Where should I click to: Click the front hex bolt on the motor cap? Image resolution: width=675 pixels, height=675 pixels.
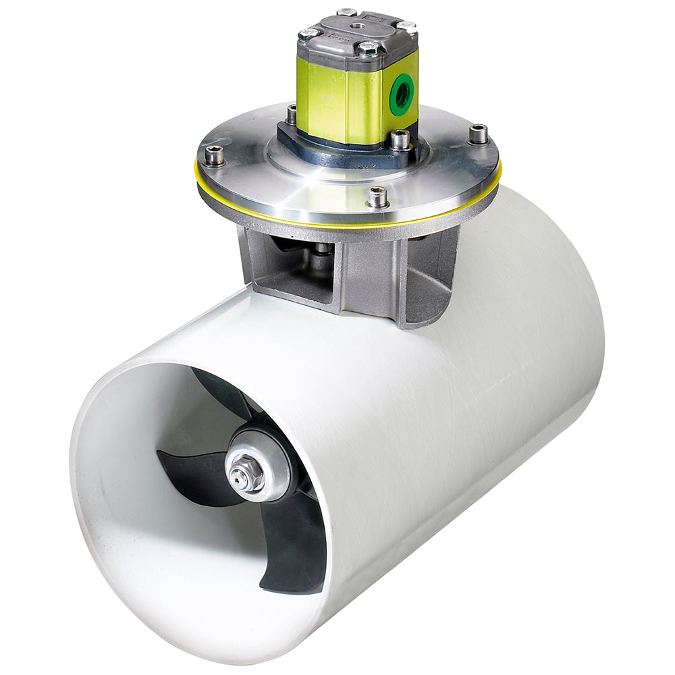(x=369, y=48)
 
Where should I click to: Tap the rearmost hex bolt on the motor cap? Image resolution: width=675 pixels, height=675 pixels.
(x=347, y=12)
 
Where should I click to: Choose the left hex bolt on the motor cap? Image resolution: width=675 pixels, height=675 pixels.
(x=309, y=33)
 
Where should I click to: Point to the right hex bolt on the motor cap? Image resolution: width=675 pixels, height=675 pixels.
(x=406, y=26)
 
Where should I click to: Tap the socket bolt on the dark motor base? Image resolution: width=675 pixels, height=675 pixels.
(x=400, y=139)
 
